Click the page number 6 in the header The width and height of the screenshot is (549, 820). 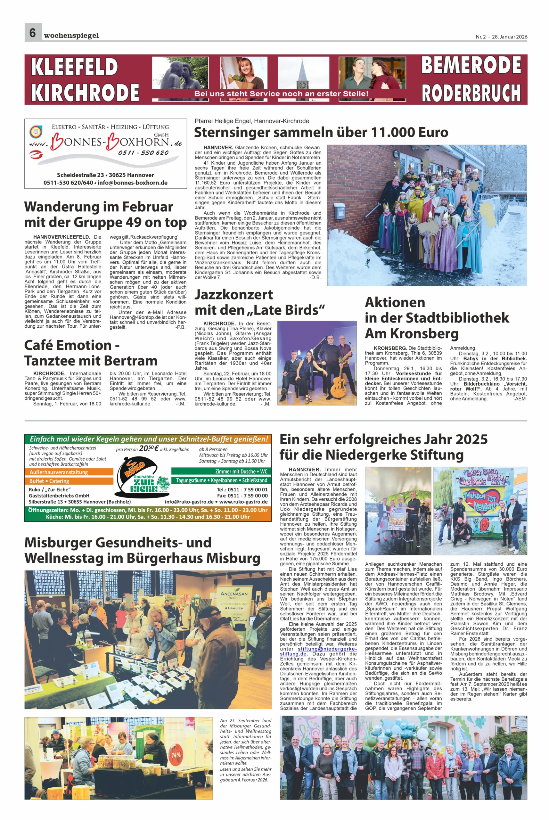[x=33, y=33]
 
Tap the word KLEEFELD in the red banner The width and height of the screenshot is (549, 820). [x=74, y=67]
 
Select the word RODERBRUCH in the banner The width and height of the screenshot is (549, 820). [x=471, y=93]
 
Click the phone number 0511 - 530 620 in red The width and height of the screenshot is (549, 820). [x=143, y=153]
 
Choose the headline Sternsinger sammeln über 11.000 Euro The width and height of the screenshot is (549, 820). [x=321, y=132]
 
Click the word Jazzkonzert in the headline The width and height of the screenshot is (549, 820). [x=234, y=294]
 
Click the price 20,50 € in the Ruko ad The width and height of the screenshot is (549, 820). [x=149, y=448]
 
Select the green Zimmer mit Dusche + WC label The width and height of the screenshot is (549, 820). [x=221, y=471]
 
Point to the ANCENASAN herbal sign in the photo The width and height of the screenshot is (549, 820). [x=234, y=595]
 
